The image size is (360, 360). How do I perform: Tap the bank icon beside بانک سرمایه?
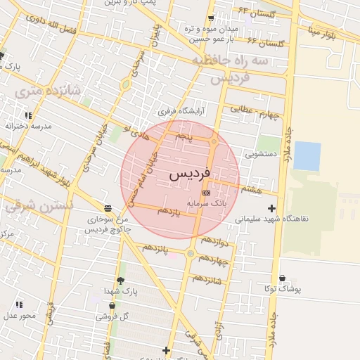(206, 191)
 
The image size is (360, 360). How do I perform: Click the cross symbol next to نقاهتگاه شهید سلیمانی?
(272, 208)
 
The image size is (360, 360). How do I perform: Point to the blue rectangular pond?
(307, 156)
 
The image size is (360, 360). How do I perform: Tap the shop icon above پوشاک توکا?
(282, 278)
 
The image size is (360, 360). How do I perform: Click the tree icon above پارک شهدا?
(120, 281)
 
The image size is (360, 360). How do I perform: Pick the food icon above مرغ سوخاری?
(107, 208)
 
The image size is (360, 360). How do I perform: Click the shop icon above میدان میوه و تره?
(210, 19)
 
